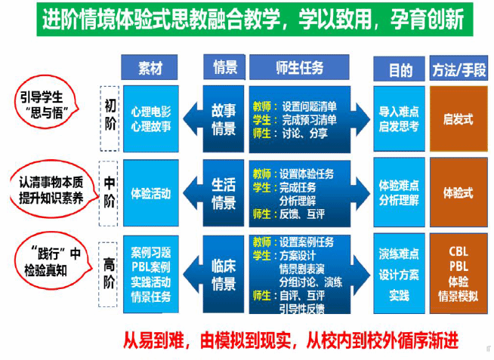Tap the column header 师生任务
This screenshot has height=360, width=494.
tap(300, 68)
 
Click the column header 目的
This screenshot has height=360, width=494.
tap(399, 69)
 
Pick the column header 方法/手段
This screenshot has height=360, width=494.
tap(458, 69)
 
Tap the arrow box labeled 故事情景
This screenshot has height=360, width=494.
tap(223, 119)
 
